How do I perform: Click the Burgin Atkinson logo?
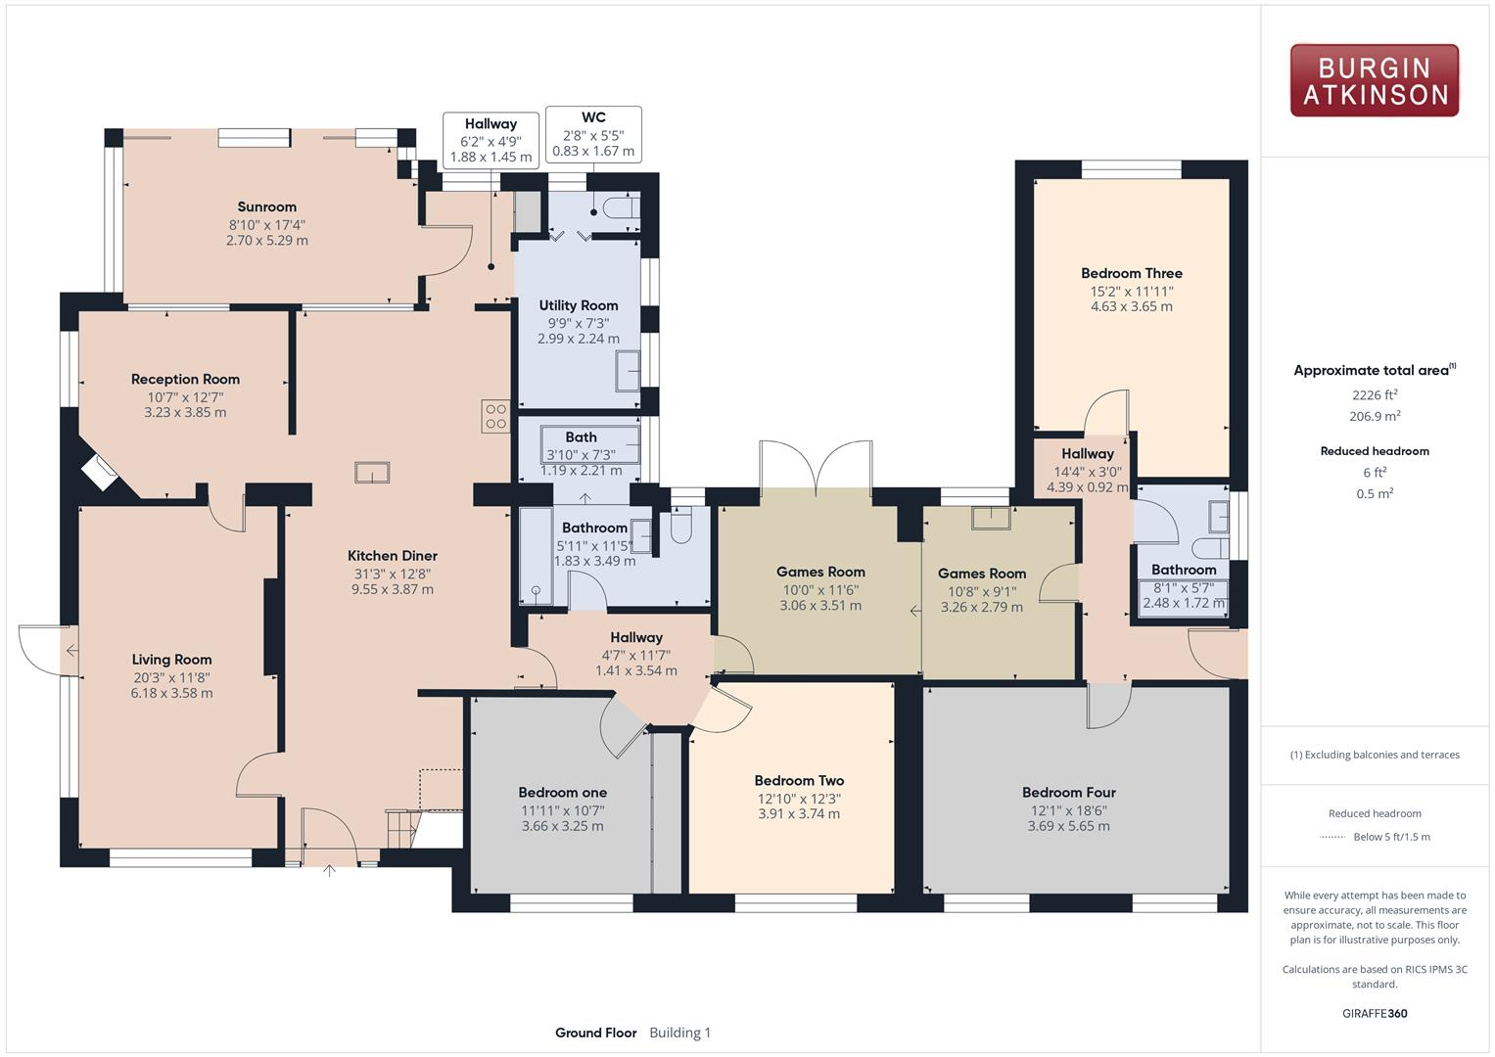click(1374, 80)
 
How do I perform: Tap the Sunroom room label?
click(266, 207)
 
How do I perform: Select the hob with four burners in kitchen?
click(495, 417)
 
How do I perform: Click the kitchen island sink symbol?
click(372, 473)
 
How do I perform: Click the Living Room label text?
click(171, 660)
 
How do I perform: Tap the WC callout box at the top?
click(593, 134)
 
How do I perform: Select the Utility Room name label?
click(578, 305)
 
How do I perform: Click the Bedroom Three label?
click(1131, 273)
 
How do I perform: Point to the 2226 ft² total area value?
click(1375, 395)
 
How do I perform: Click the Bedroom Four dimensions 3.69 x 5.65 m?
click(1068, 826)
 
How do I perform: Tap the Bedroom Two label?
click(799, 780)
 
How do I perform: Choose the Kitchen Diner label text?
click(393, 556)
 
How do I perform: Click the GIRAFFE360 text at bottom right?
click(1375, 1013)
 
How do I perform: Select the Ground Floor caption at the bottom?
click(595, 1033)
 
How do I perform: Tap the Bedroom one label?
click(562, 792)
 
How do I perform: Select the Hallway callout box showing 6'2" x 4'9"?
click(491, 140)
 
